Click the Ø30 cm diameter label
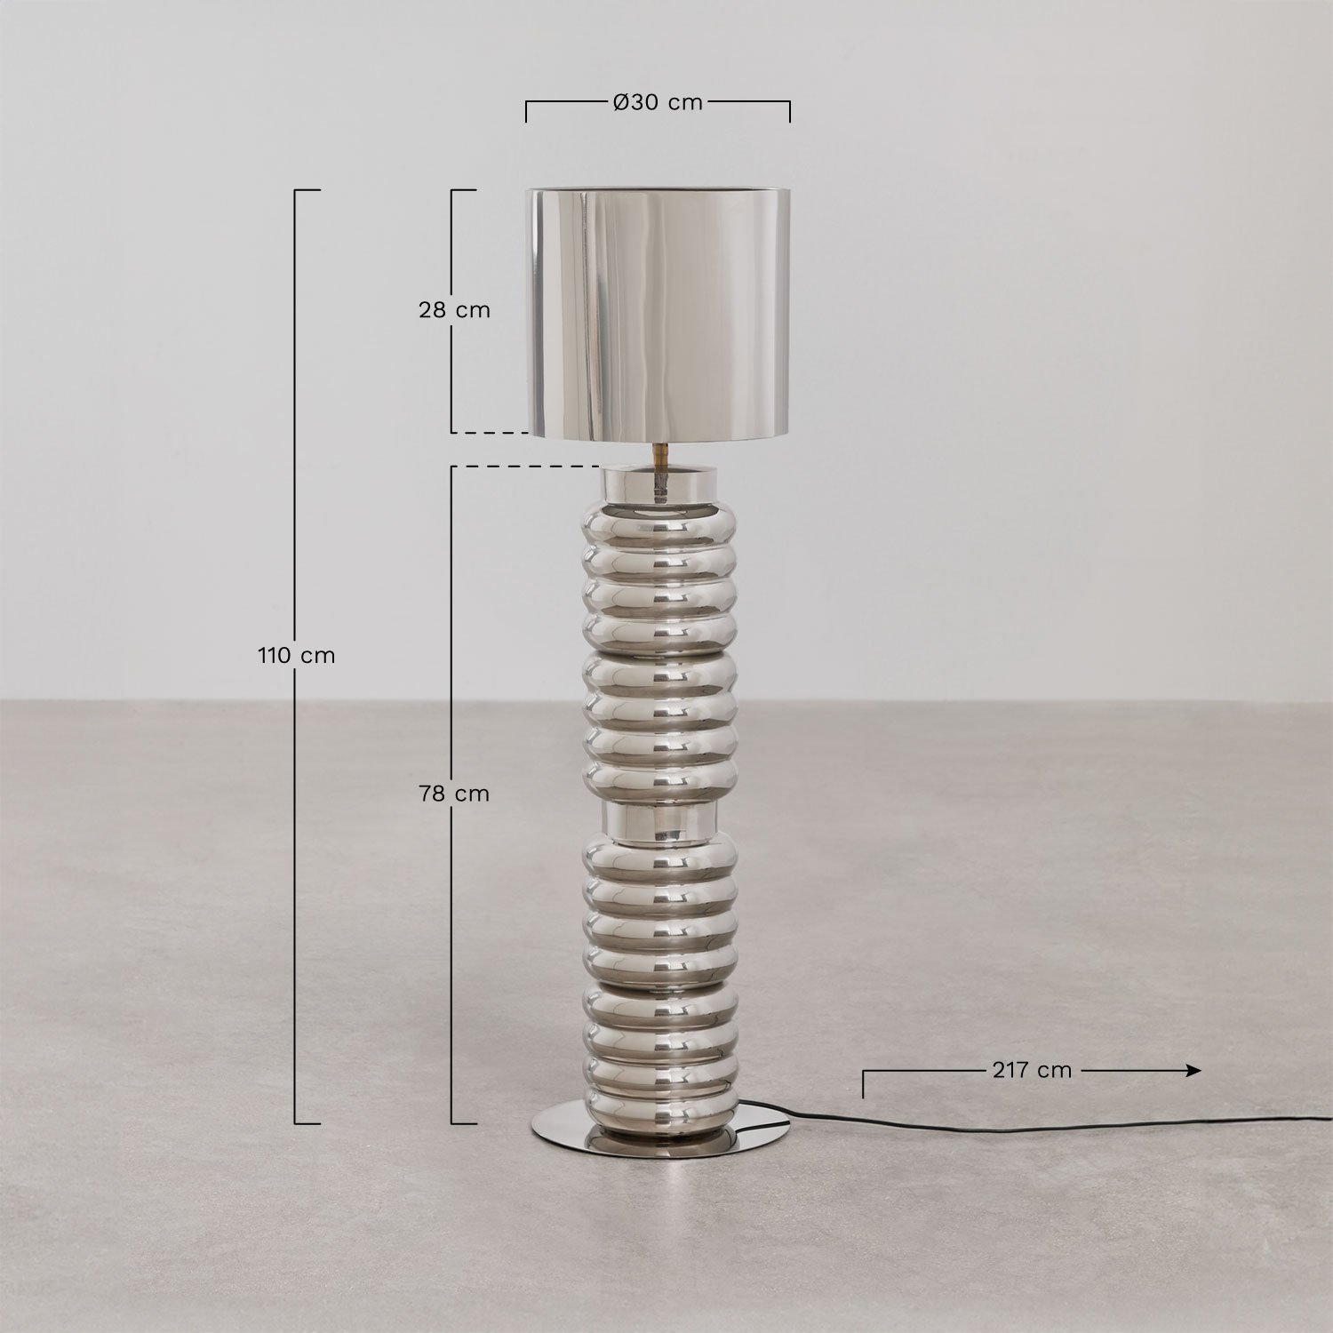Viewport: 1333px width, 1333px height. click(x=658, y=103)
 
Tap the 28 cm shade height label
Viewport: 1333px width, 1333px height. click(x=454, y=310)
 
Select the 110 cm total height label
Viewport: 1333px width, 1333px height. click(x=297, y=657)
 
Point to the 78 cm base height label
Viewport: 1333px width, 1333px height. click(x=454, y=794)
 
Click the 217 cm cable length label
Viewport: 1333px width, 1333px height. click(x=1031, y=1070)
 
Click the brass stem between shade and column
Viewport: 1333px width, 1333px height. click(x=660, y=453)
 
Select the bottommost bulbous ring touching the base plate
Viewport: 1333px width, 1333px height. click(x=659, y=1106)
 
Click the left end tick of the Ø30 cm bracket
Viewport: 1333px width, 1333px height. click(x=526, y=112)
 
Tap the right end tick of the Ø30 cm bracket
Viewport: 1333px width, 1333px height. click(x=789, y=112)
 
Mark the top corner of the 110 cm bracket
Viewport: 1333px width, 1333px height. click(x=297, y=190)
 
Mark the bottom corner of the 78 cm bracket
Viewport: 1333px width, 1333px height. click(x=454, y=1123)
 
